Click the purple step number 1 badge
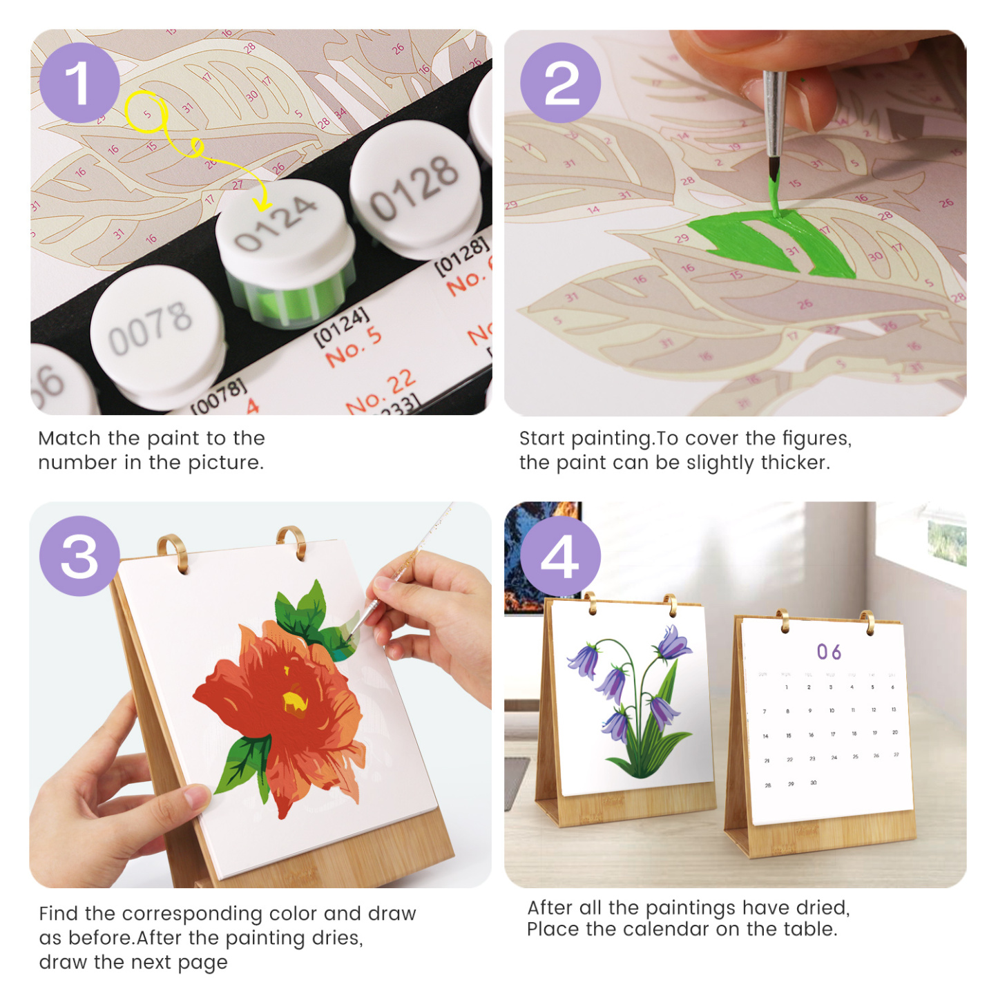click(x=79, y=83)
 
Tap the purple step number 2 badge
click(x=560, y=83)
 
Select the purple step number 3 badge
click(x=79, y=556)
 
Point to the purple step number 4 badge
click(x=560, y=556)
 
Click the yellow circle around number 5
click(x=146, y=113)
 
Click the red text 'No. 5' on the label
click(x=353, y=346)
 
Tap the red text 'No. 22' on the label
click(x=381, y=392)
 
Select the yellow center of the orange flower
click(x=295, y=702)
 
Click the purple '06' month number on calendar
click(x=829, y=652)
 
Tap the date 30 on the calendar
click(x=813, y=783)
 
